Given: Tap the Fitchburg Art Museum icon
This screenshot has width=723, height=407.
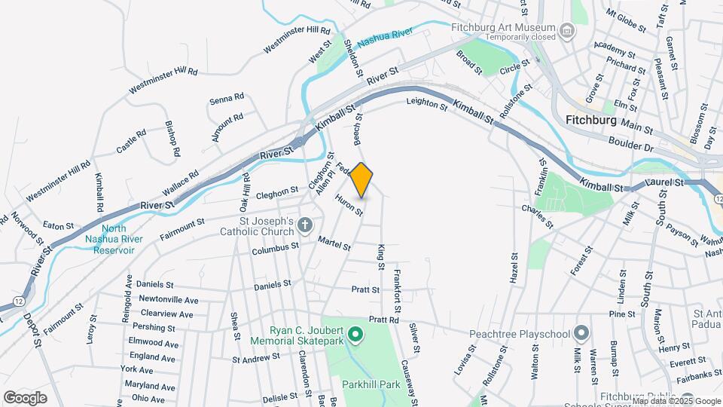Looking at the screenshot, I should (567, 31).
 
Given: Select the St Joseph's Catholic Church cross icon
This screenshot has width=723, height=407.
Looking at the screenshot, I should (304, 225).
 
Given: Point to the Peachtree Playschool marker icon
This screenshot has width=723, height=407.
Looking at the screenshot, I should (581, 332).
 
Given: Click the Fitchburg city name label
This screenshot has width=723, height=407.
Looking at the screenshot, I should (590, 120).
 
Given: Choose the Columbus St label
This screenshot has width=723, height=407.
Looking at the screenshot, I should (275, 248).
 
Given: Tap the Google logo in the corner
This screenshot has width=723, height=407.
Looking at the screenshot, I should (25, 398).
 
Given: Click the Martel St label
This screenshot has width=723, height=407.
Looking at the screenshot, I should (334, 244).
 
